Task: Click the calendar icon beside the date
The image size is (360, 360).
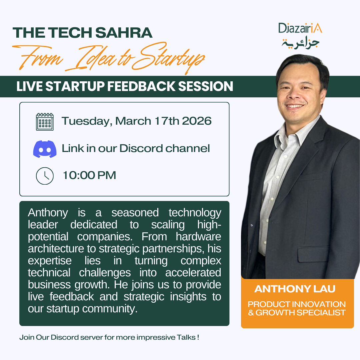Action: (x=45, y=122)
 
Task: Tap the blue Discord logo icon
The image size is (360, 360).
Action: (x=45, y=149)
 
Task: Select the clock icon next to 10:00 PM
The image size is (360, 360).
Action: (x=45, y=176)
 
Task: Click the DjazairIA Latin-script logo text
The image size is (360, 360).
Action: (x=300, y=28)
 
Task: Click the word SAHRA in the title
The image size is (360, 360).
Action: (x=124, y=33)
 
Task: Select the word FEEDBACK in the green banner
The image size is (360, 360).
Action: (x=141, y=86)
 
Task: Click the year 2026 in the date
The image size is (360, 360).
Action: (x=197, y=121)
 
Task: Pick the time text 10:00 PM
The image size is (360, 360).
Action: (x=89, y=175)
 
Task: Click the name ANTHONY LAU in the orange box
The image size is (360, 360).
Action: (x=295, y=289)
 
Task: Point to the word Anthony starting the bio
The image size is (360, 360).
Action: (x=48, y=213)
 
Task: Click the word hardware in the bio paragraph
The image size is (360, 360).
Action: (x=198, y=236)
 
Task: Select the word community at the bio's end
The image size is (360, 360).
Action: (x=110, y=309)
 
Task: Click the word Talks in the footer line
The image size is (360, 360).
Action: (x=186, y=337)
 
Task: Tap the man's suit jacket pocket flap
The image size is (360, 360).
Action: (x=313, y=254)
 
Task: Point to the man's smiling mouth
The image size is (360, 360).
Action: (x=295, y=106)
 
